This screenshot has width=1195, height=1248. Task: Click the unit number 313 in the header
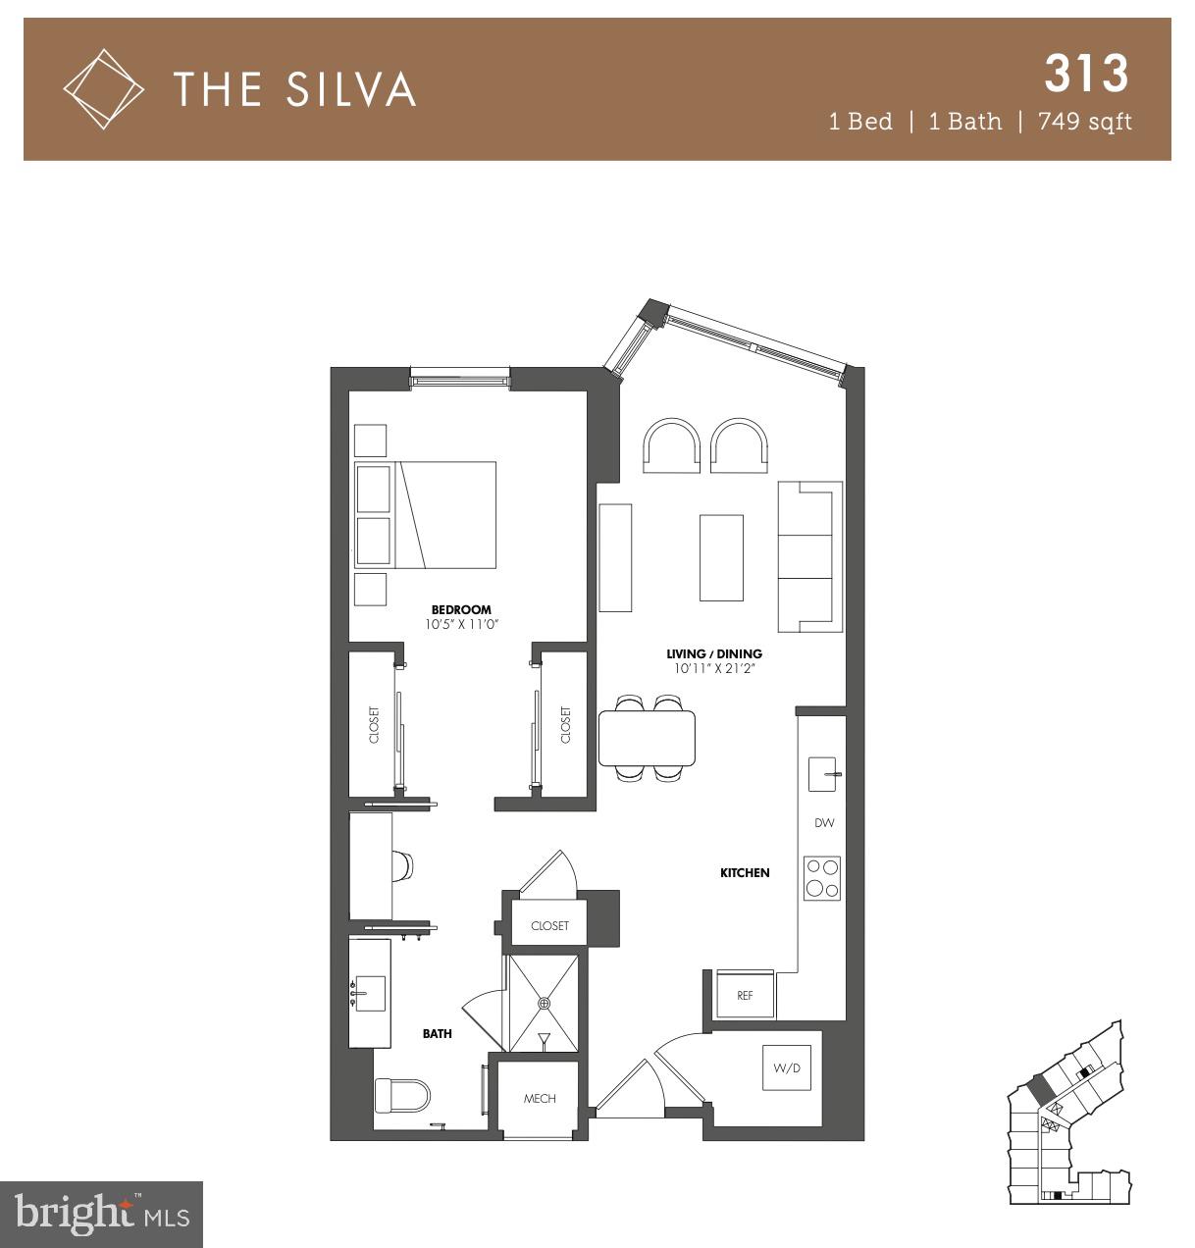click(1086, 73)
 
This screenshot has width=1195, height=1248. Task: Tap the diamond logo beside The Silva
click(103, 89)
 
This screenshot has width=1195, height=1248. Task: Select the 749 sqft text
click(1078, 122)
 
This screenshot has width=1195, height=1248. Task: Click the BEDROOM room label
click(460, 609)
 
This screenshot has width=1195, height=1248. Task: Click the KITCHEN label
click(745, 872)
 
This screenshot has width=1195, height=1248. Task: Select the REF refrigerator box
click(745, 995)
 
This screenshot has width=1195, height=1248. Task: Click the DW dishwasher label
click(823, 823)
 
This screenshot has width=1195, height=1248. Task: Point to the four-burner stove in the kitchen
click(822, 878)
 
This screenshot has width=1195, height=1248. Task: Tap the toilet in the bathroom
click(403, 1096)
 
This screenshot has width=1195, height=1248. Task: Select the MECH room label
click(540, 1099)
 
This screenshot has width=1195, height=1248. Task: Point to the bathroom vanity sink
click(370, 993)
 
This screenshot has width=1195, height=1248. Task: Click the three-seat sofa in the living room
click(809, 556)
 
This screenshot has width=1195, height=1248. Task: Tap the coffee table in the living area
click(721, 557)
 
